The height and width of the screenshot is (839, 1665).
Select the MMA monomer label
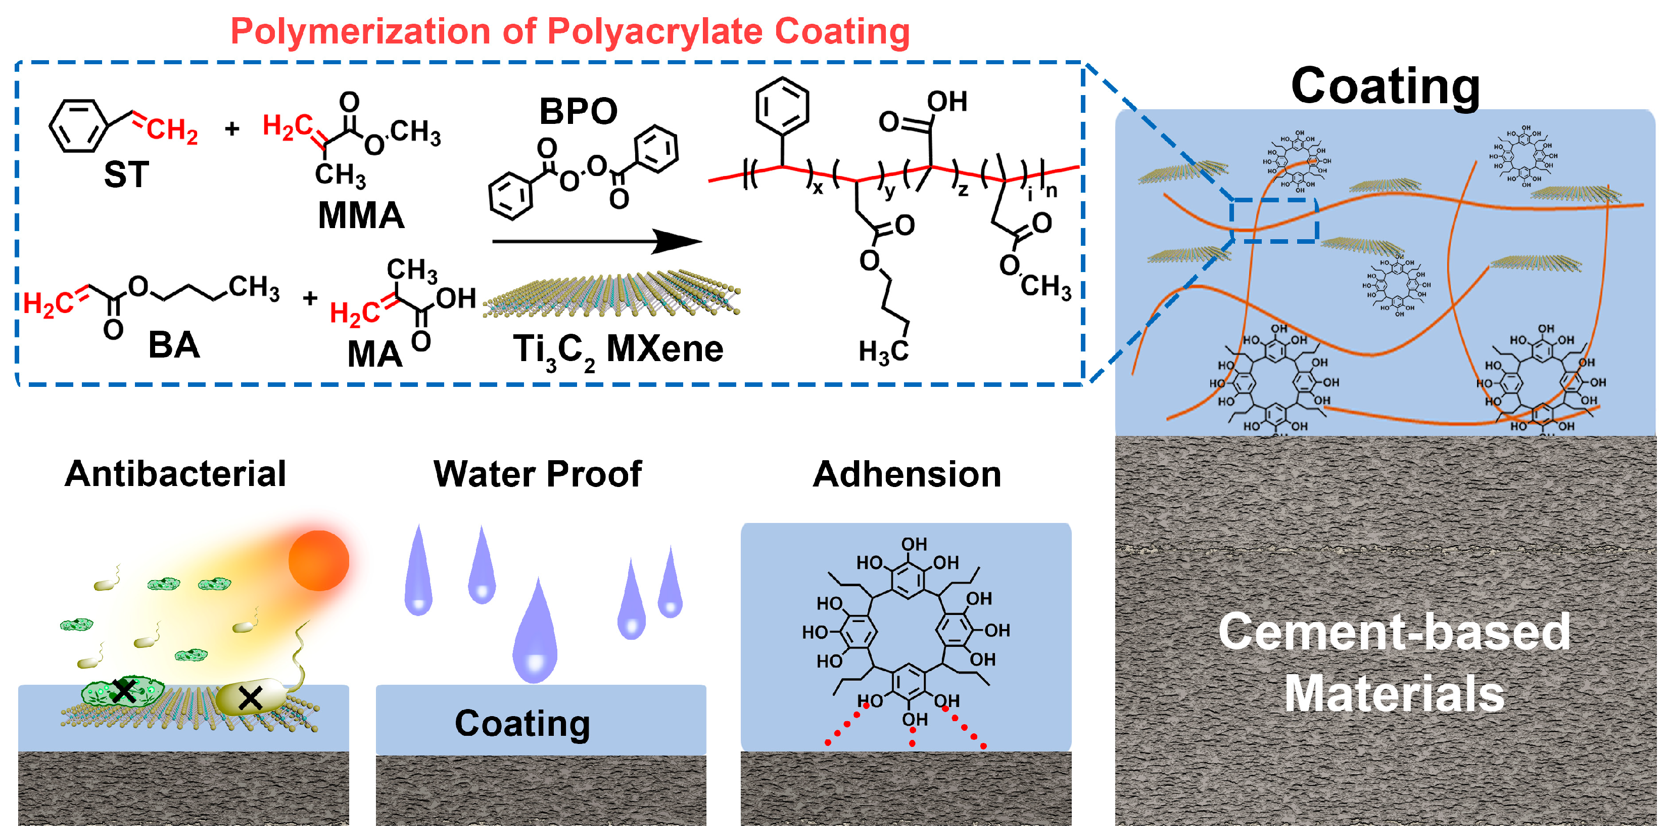click(361, 215)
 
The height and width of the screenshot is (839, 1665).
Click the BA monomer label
click(173, 345)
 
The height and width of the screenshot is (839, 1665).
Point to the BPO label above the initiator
click(578, 111)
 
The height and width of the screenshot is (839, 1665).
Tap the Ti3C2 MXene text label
click(617, 350)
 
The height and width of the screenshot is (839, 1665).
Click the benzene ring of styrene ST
click(78, 125)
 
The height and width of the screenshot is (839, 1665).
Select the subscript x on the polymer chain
click(818, 189)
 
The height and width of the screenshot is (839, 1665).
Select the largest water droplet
click(535, 637)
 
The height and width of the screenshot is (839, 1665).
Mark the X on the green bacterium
click(123, 691)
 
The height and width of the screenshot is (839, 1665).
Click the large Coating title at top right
click(1385, 86)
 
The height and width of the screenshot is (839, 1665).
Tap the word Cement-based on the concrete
click(1394, 631)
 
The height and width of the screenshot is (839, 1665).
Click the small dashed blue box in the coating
click(1273, 220)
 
